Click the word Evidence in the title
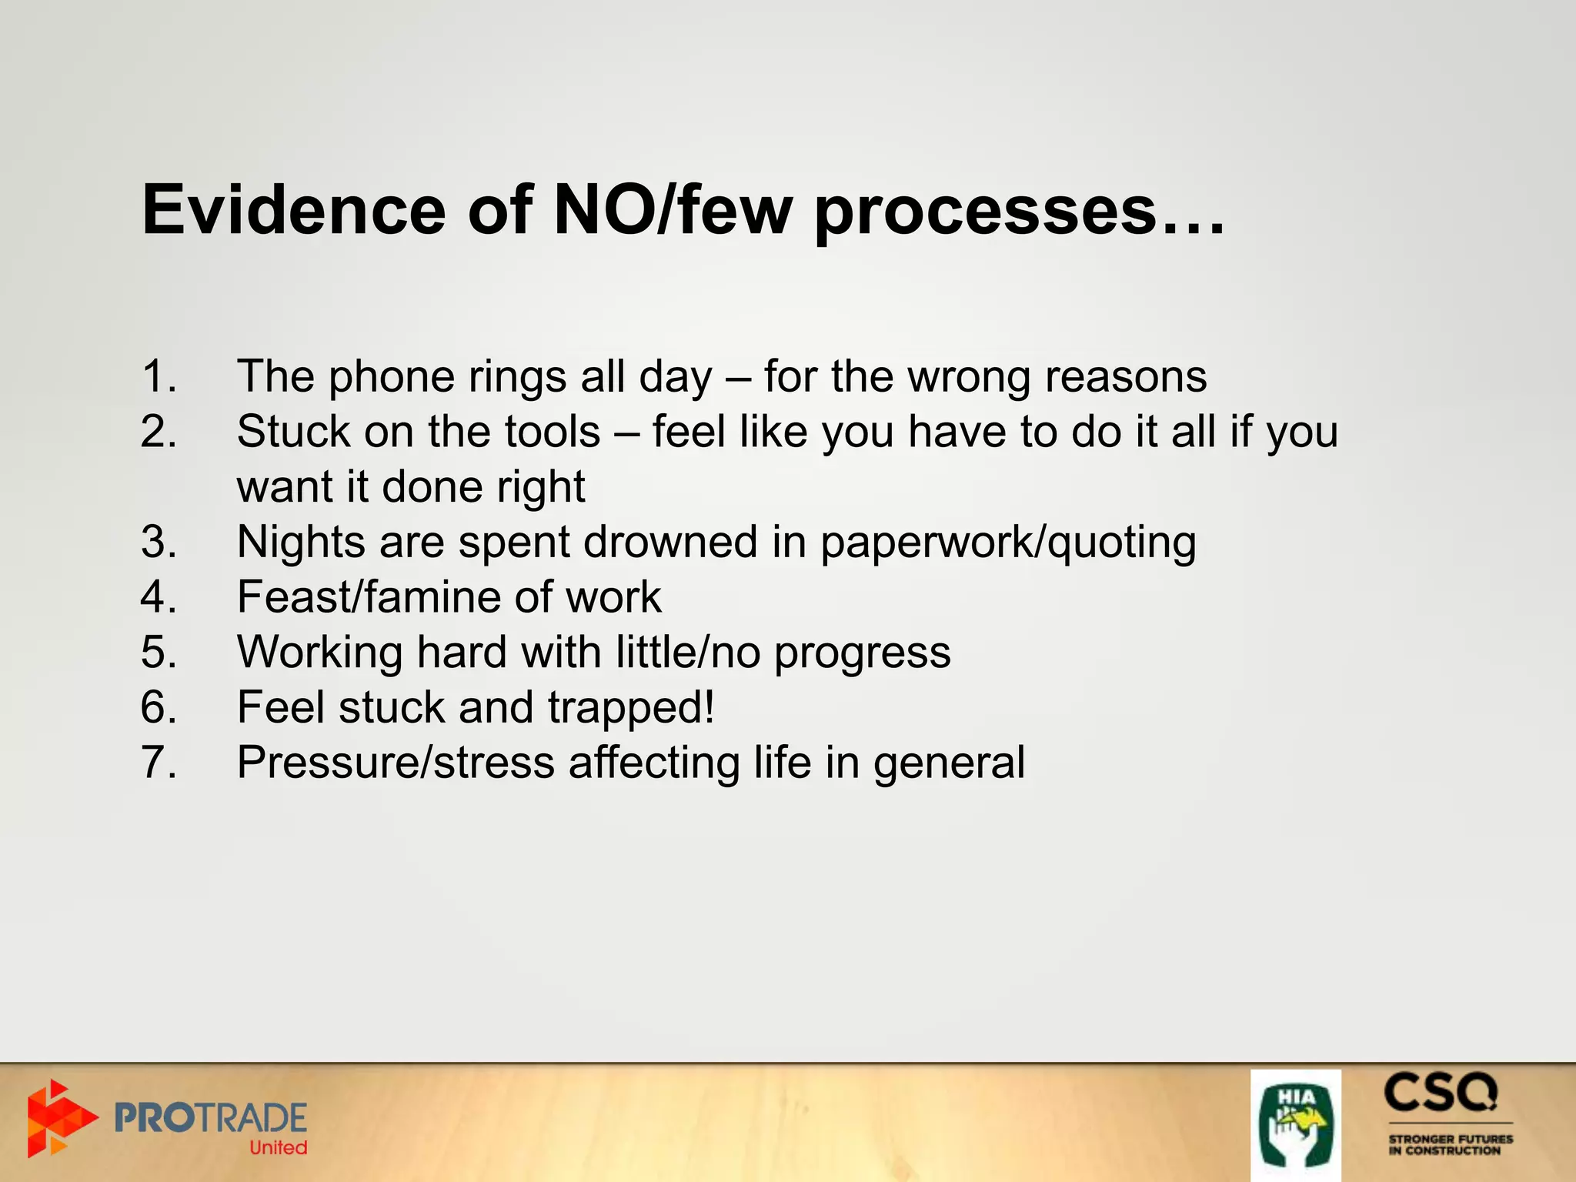point(294,210)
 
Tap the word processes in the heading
point(985,210)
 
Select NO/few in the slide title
point(672,210)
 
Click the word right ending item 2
point(541,487)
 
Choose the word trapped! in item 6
point(631,708)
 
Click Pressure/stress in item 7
point(396,763)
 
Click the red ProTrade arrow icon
point(60,1118)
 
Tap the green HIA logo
point(1296,1124)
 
